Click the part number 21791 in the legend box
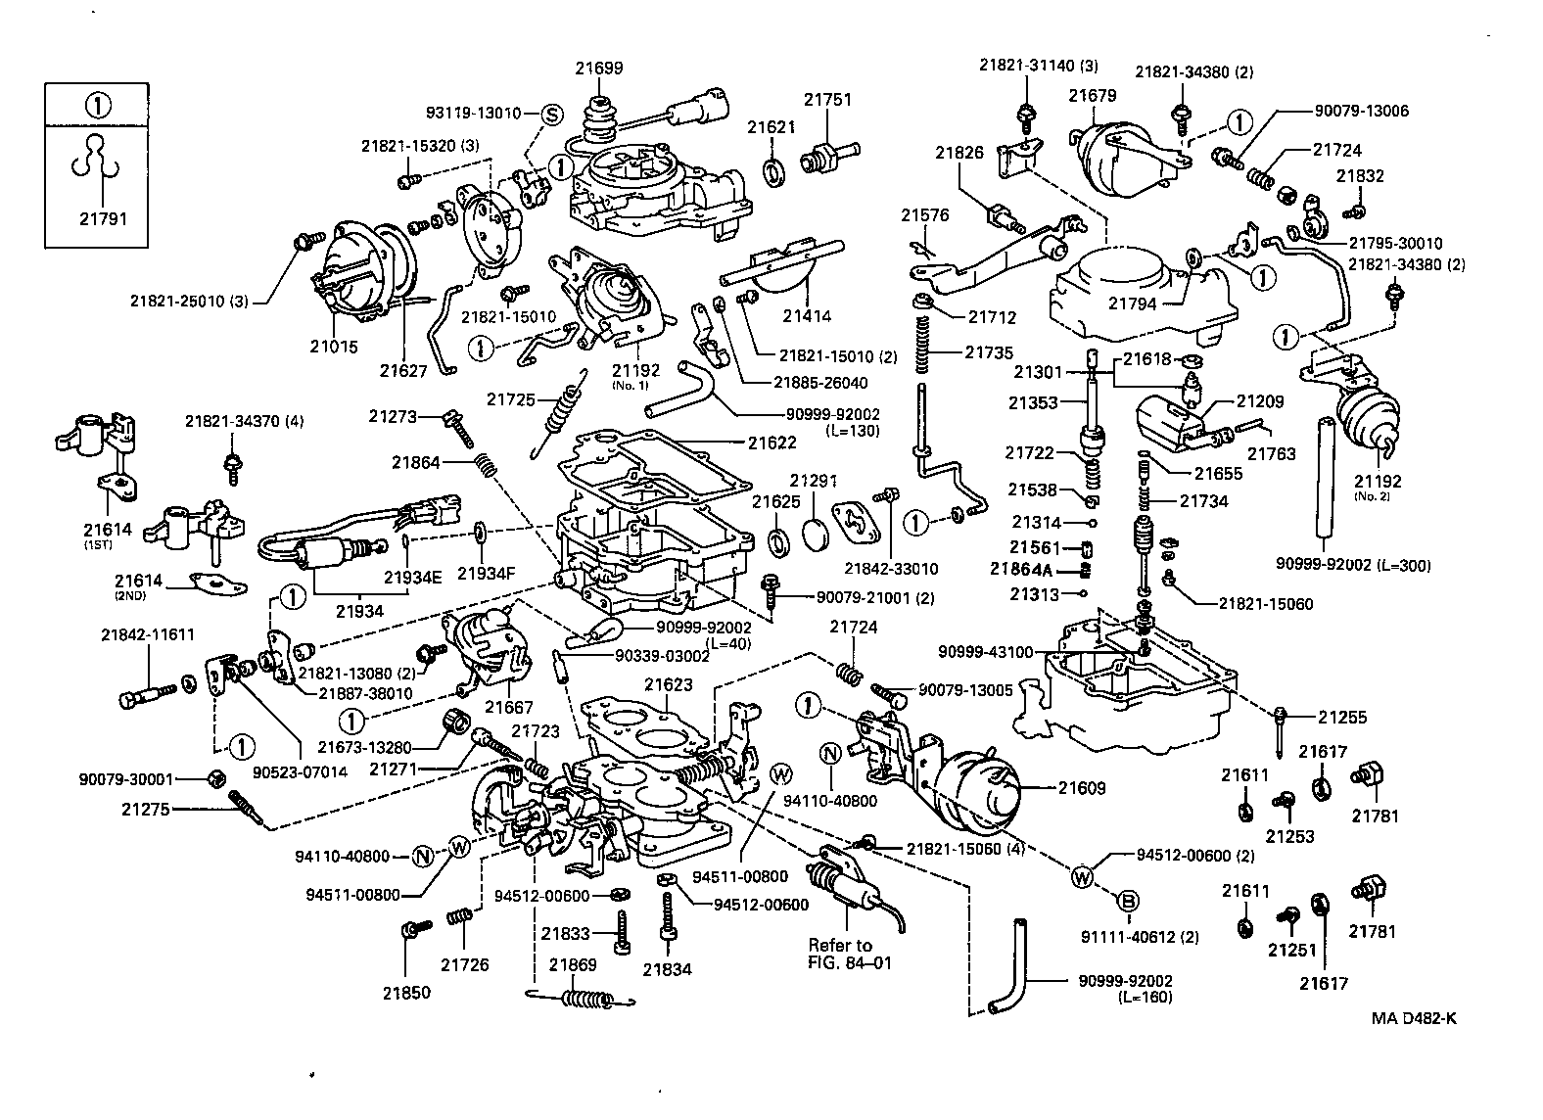tap(103, 218)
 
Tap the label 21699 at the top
tap(598, 68)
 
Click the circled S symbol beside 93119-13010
tap(550, 114)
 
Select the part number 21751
tap(827, 99)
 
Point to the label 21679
tap(1092, 95)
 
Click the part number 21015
tap(335, 347)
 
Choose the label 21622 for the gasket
tap(772, 443)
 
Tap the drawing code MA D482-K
tap(1414, 1017)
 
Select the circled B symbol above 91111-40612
tap(1127, 901)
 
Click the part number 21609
tap(1082, 787)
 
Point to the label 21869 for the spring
tap(572, 964)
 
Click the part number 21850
tap(406, 992)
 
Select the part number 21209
tap(1259, 401)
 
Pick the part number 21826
tap(959, 153)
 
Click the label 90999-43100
tap(985, 651)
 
